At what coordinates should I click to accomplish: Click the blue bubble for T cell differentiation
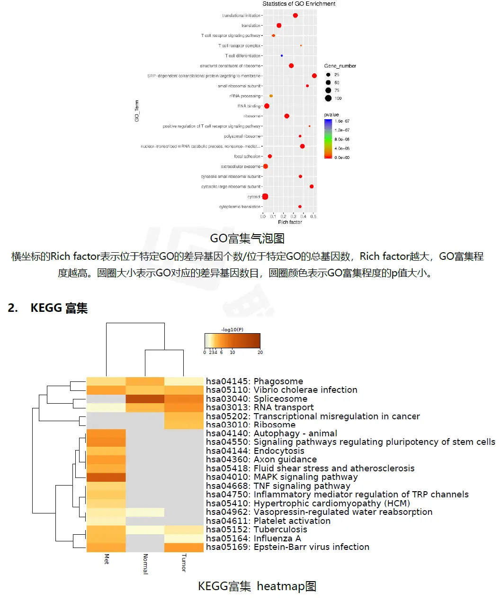click(282, 56)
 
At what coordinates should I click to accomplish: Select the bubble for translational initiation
click(295, 16)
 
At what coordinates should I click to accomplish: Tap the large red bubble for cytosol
click(265, 197)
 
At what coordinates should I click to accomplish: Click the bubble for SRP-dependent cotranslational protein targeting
click(314, 76)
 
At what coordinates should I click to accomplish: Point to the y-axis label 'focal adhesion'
click(247, 157)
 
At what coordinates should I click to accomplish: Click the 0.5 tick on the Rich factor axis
click(313, 216)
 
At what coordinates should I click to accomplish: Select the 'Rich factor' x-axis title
click(290, 222)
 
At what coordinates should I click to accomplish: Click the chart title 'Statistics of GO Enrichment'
click(299, 4)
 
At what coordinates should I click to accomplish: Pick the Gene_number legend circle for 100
click(328, 98)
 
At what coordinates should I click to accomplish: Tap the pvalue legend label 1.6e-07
click(342, 121)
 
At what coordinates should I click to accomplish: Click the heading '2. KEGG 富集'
click(48, 308)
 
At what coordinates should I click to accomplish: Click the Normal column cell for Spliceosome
click(145, 399)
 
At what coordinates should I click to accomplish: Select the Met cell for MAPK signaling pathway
click(106, 477)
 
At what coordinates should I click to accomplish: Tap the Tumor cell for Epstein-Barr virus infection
click(184, 547)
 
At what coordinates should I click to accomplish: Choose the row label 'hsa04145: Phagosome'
click(254, 381)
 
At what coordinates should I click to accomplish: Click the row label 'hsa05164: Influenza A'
click(253, 539)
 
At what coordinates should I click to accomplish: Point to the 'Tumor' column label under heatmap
click(184, 563)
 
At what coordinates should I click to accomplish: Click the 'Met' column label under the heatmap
click(107, 559)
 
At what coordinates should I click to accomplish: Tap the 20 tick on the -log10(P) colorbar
click(260, 352)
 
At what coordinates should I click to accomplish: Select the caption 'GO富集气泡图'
click(247, 239)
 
